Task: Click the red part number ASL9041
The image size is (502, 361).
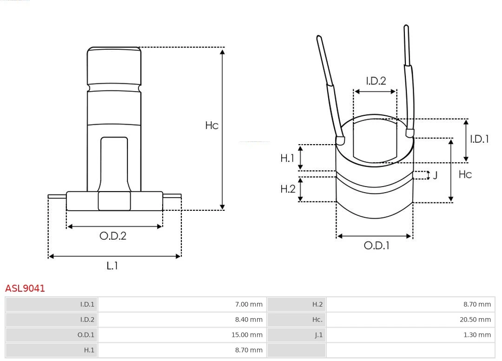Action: [x=25, y=288]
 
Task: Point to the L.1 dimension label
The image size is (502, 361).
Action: [x=112, y=266]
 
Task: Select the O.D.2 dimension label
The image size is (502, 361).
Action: [x=113, y=236]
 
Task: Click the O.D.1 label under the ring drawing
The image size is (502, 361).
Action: [x=376, y=246]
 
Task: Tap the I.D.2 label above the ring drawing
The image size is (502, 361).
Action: [x=376, y=81]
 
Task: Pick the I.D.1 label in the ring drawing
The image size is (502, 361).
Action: [x=479, y=139]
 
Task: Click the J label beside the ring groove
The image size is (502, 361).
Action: [x=435, y=175]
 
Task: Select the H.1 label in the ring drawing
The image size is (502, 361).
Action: [x=287, y=158]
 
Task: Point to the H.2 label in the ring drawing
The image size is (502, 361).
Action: [x=288, y=189]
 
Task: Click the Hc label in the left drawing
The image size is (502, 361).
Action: [x=211, y=125]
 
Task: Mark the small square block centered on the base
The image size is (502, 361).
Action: [x=114, y=201]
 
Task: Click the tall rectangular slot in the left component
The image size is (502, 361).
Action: [x=114, y=163]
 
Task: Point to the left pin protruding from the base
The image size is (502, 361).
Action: [x=57, y=196]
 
